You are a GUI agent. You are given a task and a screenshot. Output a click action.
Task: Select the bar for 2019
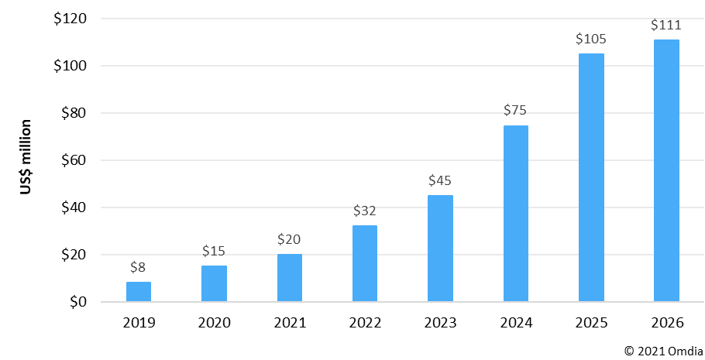coord(139,292)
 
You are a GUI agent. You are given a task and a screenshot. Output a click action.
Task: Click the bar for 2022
coord(365,263)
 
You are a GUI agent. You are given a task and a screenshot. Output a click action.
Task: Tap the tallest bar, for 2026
coord(666,170)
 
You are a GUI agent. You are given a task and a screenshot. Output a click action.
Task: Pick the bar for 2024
coord(516,214)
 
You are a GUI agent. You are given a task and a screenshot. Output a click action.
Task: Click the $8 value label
coord(139,268)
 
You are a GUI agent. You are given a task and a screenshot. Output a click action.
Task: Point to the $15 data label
coord(214,251)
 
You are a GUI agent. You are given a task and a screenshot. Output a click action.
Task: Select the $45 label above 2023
coord(440,180)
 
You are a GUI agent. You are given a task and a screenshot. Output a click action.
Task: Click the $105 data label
coord(591,39)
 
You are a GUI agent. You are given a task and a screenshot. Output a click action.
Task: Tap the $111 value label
coord(666,25)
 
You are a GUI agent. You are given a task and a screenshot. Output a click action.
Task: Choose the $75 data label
coord(516,110)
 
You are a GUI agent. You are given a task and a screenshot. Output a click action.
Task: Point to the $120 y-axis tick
coord(70,19)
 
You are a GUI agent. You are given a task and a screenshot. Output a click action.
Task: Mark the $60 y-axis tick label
coord(74,160)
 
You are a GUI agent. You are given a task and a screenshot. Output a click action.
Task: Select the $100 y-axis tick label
coord(70,66)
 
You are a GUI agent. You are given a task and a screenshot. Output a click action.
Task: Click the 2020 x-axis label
coord(214,322)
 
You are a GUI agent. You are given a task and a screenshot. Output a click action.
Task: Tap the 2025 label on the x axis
coord(591,322)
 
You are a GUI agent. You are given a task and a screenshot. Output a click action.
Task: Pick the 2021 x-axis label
coord(290,322)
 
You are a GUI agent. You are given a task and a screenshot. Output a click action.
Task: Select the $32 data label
coord(365,211)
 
